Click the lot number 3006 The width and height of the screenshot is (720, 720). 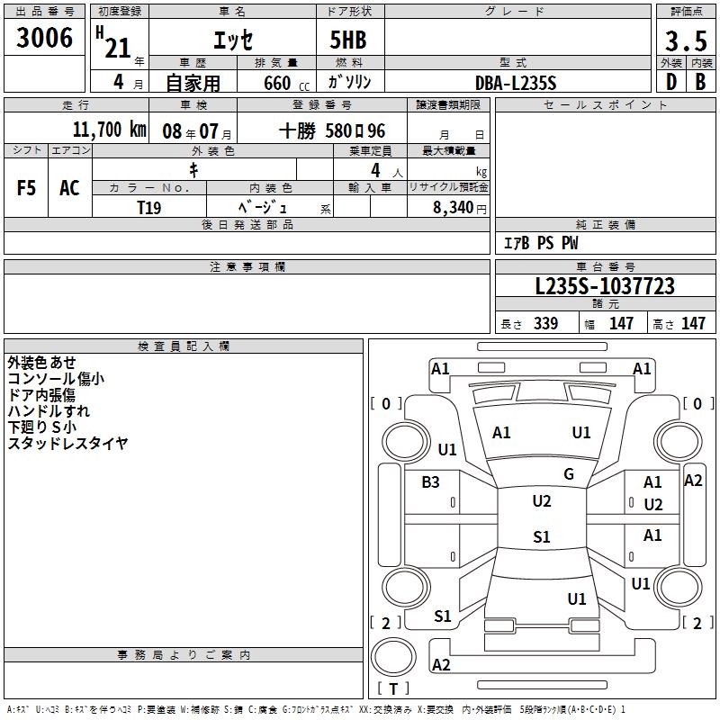coord(45,38)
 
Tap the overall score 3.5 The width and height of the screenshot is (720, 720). coord(685,41)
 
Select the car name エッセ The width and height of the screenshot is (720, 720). coord(232,40)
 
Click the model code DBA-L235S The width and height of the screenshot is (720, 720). coord(515,83)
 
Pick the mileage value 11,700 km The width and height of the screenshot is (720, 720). coord(109,130)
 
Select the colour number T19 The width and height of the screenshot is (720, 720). coord(148,206)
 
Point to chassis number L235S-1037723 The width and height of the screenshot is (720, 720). coord(604,287)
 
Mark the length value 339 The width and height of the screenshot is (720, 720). coord(545,324)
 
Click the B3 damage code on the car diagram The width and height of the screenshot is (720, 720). coord(430,482)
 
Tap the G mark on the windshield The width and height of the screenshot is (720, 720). coord(569,474)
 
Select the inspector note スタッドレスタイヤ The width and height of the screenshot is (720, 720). coord(68,443)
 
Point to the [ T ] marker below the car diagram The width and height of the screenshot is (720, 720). coord(393,688)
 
